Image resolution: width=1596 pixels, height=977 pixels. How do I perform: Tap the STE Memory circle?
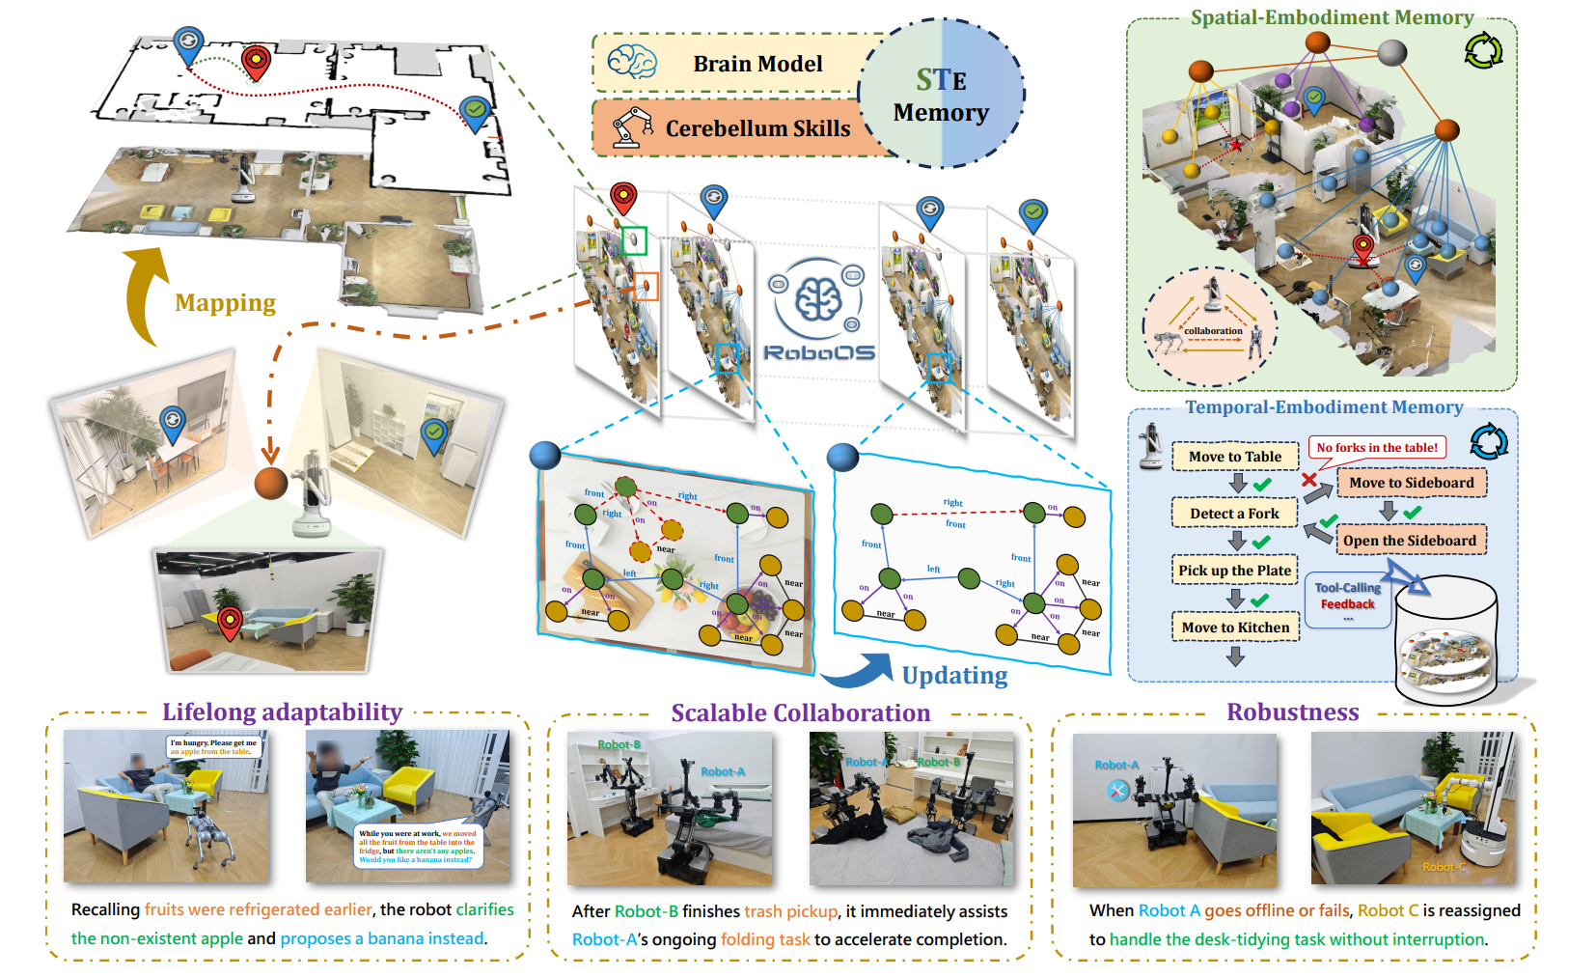coord(941,95)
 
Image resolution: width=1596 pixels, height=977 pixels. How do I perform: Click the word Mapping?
coord(225,303)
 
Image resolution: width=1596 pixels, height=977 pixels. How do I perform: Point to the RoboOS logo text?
coord(819,353)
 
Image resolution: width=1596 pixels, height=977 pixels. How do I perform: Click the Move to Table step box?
coord(1235,457)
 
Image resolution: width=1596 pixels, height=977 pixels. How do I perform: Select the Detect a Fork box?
coord(1234,514)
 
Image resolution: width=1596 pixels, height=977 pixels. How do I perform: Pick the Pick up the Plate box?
coord(1234,571)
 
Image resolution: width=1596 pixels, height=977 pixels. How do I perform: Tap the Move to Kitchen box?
coord(1235,628)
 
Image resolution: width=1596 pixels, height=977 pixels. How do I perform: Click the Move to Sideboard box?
coord(1411,483)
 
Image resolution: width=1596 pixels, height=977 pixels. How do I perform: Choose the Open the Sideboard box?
coord(1410,541)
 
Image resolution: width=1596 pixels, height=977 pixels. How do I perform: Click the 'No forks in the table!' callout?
coord(1377,447)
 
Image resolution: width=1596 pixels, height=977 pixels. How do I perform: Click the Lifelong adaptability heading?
coord(282,712)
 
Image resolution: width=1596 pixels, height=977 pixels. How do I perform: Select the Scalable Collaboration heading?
coord(801,713)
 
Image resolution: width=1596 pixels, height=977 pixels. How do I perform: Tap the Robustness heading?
coord(1292,712)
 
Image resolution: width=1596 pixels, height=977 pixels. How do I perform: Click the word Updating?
coord(954,676)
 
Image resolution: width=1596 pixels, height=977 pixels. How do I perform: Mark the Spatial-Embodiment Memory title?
coord(1332,17)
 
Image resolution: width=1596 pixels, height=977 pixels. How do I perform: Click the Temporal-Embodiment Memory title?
coord(1324,407)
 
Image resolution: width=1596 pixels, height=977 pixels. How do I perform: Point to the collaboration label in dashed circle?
coord(1213,331)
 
